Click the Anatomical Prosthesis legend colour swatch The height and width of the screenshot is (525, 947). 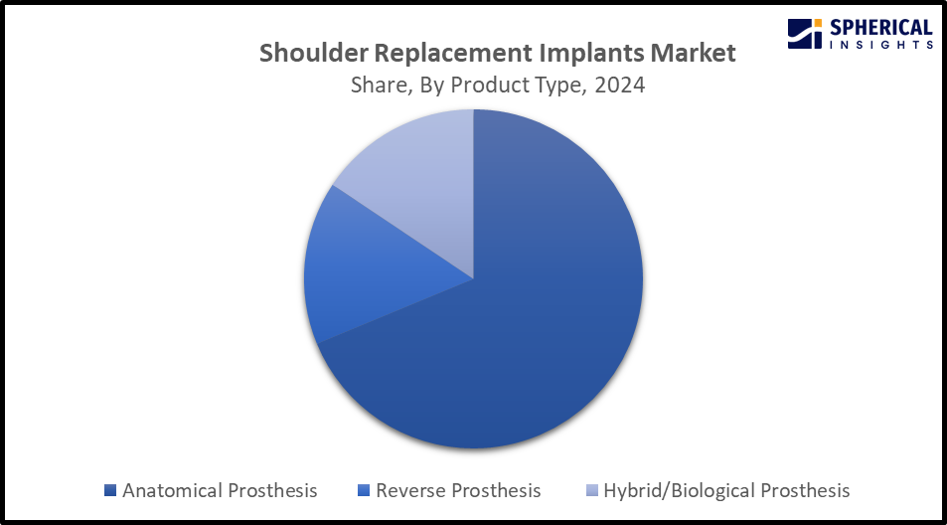[x=110, y=490]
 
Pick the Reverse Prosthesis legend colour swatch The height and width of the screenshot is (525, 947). [x=364, y=490]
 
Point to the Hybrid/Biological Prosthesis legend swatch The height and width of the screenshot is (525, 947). [x=592, y=490]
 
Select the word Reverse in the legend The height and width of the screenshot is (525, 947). [x=410, y=490]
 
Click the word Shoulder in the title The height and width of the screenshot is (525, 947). [x=313, y=53]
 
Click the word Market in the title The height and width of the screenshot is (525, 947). [x=693, y=53]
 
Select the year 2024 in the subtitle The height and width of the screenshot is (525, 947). [x=620, y=86]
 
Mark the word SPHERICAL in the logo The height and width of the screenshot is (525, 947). [x=881, y=28]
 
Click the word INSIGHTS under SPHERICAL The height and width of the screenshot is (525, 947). [x=881, y=45]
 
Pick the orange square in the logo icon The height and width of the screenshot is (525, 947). [x=817, y=24]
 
